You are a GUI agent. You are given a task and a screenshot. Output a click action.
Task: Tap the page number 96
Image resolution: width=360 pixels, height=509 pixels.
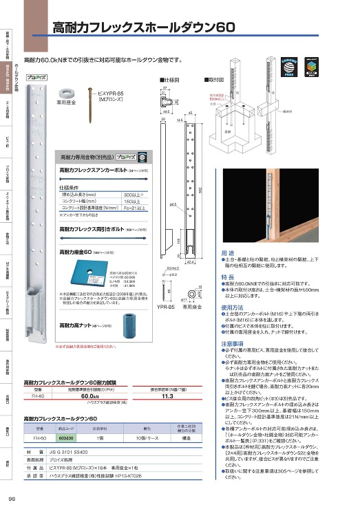coord(12,499)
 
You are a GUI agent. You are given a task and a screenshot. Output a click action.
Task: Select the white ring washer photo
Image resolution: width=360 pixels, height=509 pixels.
coord(67,91)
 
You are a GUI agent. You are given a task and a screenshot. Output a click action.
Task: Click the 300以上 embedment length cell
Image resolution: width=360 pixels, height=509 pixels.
coord(132,195)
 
